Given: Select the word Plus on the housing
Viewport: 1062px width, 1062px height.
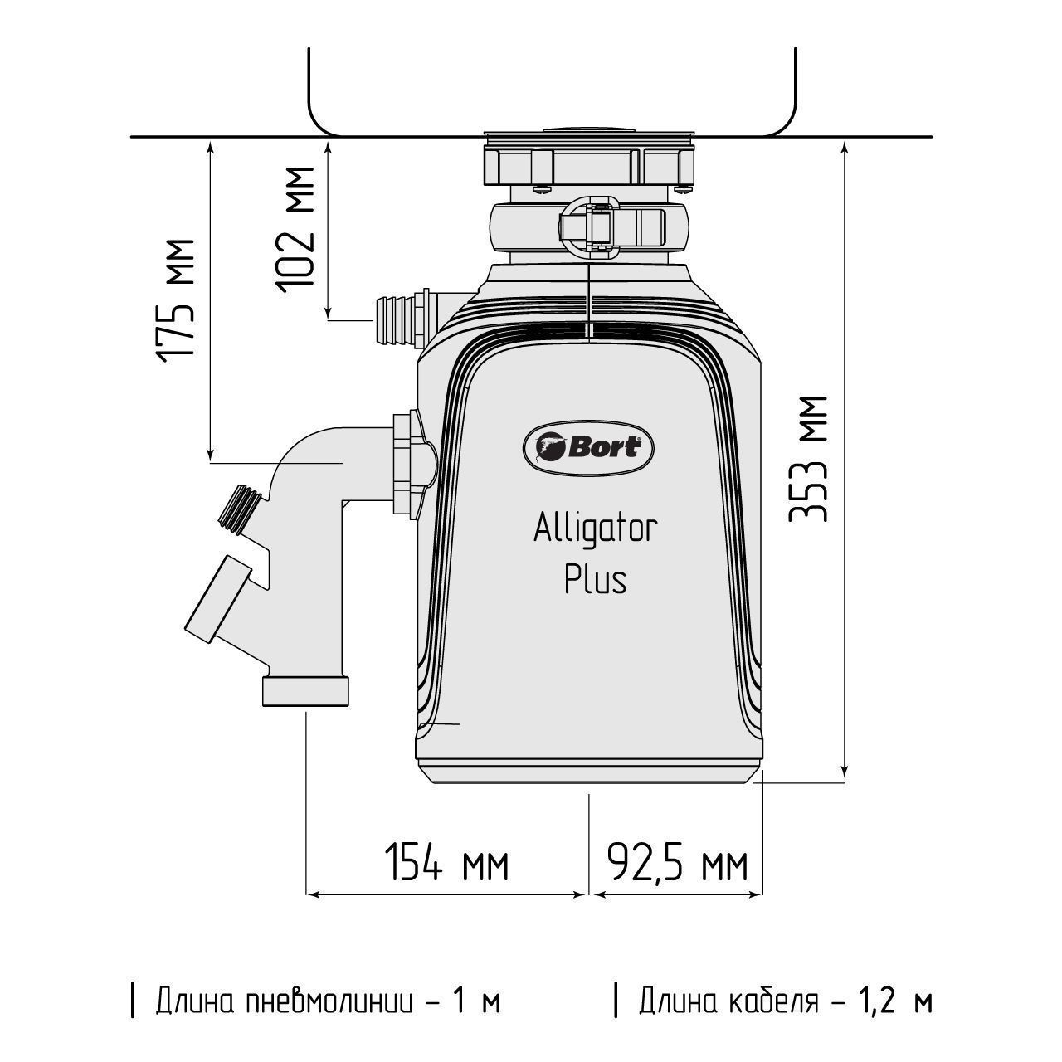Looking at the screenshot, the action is point(596,580).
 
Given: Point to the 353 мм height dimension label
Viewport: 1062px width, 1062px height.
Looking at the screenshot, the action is point(808,459).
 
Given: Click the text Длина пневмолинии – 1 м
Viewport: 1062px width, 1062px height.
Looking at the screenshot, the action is point(316,1001).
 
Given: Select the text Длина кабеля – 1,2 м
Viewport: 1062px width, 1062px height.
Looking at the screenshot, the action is point(774,1001).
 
